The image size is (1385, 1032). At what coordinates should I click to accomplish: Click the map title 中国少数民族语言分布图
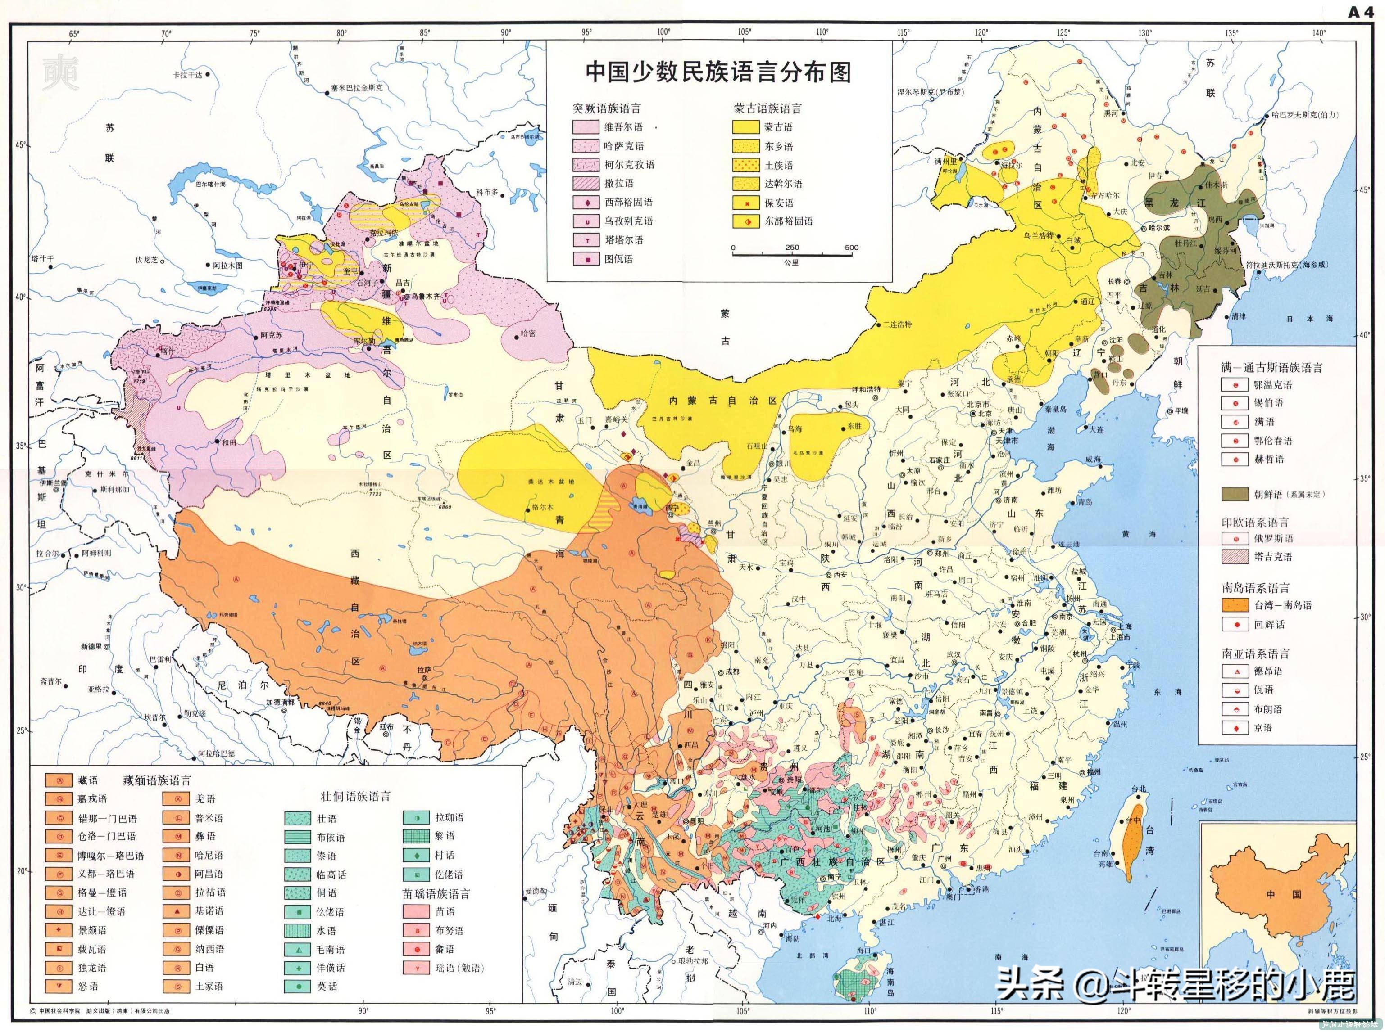click(717, 72)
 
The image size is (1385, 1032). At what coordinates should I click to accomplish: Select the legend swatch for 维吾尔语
click(586, 127)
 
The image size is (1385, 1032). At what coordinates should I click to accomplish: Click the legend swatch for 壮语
click(298, 818)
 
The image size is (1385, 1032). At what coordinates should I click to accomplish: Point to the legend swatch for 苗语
click(416, 911)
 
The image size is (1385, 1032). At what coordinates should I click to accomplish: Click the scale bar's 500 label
click(851, 248)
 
